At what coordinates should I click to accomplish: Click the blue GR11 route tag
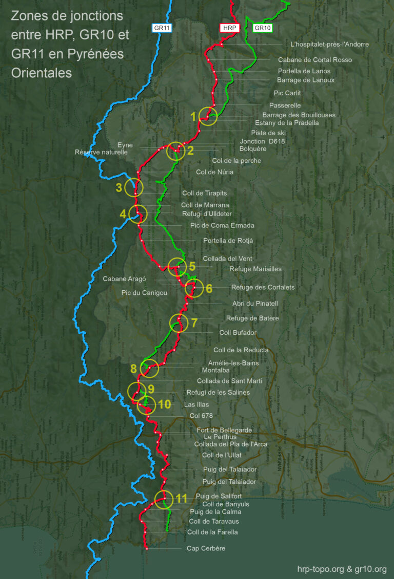(161, 28)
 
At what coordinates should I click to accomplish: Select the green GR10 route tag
(262, 28)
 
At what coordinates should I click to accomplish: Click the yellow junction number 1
(193, 117)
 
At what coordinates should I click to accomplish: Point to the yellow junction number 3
(119, 187)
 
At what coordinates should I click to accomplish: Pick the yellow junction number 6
(209, 288)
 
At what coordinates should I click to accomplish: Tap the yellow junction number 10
(164, 404)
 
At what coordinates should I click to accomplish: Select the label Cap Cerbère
(206, 549)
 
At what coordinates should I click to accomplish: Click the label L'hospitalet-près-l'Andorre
(329, 45)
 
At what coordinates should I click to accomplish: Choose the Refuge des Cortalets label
(263, 287)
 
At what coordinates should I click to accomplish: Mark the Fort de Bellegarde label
(224, 430)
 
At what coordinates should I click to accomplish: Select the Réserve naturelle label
(101, 152)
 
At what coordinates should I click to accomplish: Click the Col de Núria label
(214, 172)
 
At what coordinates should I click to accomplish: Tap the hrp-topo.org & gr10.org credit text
(342, 569)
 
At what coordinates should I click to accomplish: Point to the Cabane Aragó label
(125, 279)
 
